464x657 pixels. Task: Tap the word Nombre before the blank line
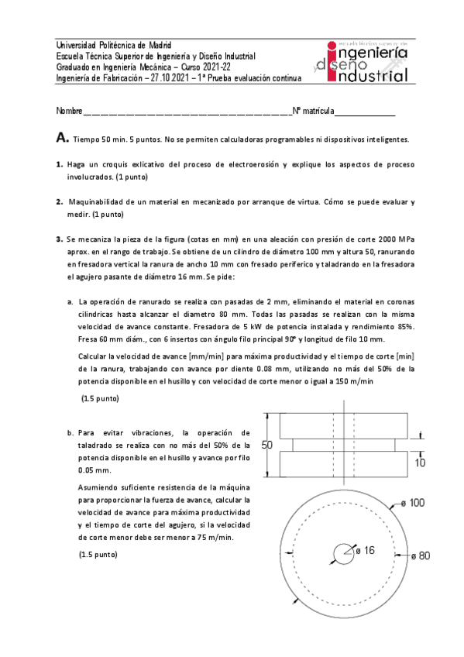(x=69, y=112)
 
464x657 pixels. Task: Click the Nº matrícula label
(x=312, y=112)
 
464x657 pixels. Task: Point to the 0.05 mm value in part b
(x=95, y=470)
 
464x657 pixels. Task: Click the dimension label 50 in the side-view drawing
(x=267, y=445)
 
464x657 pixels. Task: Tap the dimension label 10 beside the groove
(x=420, y=463)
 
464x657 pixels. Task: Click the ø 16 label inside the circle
(x=364, y=550)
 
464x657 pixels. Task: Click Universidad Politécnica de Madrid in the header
(x=114, y=45)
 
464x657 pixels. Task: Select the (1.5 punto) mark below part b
(x=98, y=556)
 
